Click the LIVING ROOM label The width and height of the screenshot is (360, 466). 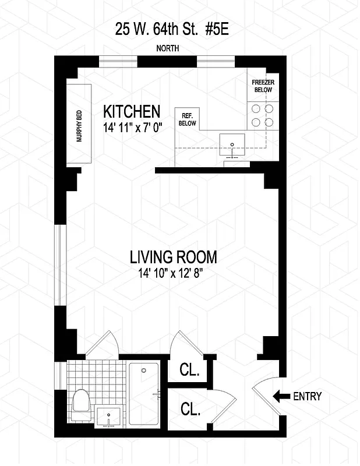[x=173, y=257]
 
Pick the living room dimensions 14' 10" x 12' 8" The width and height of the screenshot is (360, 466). [x=173, y=273]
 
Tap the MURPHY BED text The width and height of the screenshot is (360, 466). [x=79, y=125]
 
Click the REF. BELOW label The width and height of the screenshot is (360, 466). [x=187, y=119]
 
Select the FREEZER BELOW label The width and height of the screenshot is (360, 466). [x=263, y=86]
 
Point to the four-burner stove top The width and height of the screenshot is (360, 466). [x=262, y=115]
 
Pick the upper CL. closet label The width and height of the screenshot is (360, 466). [x=189, y=370]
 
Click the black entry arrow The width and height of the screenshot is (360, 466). [x=281, y=397]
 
